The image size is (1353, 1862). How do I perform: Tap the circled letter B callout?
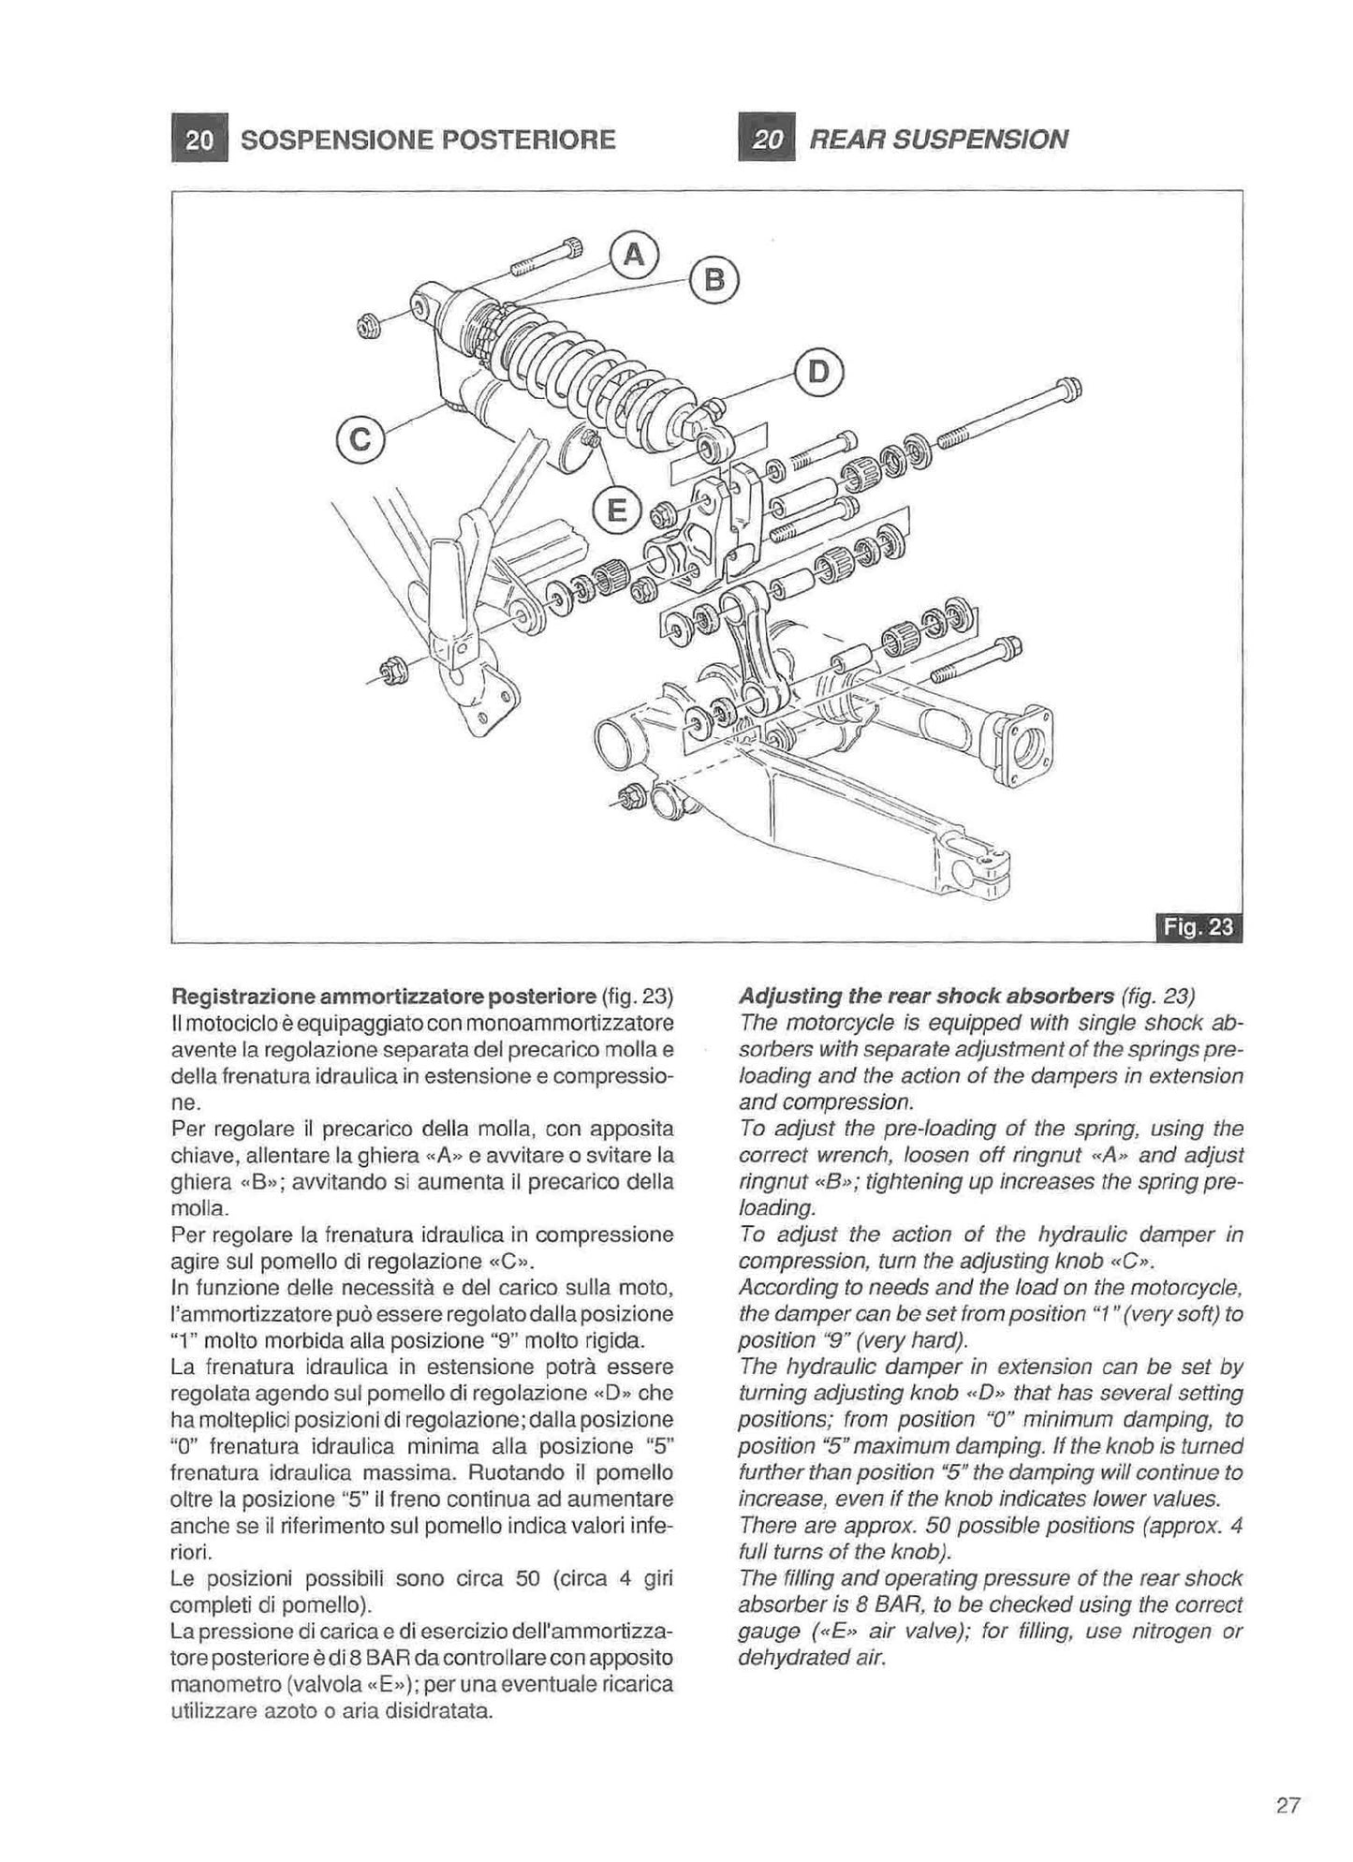click(x=714, y=279)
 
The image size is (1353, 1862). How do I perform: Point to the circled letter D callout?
click(x=819, y=373)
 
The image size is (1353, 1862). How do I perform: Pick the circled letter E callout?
click(x=615, y=510)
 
